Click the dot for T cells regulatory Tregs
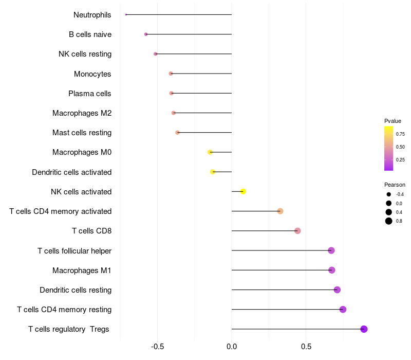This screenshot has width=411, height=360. pyautogui.click(x=364, y=329)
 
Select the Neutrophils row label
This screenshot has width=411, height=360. pyautogui.click(x=92, y=15)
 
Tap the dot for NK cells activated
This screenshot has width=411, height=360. pyautogui.click(x=243, y=192)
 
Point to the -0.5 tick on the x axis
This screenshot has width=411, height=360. pyautogui.click(x=158, y=346)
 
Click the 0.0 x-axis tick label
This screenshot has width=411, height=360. pyautogui.click(x=232, y=346)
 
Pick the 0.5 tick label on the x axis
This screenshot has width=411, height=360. pyautogui.click(x=306, y=346)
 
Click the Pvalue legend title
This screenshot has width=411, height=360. pyautogui.click(x=393, y=121)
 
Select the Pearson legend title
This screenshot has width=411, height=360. pyautogui.click(x=395, y=185)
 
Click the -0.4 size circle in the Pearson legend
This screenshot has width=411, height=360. pyautogui.click(x=389, y=194)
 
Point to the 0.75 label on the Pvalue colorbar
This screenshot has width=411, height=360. pyautogui.click(x=400, y=134)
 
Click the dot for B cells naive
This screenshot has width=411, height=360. pyautogui.click(x=146, y=34)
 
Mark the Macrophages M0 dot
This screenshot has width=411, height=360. pyautogui.click(x=210, y=152)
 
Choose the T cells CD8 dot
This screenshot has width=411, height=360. pyautogui.click(x=297, y=231)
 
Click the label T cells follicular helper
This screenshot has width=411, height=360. pyautogui.click(x=74, y=251)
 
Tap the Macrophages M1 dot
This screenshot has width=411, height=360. pyautogui.click(x=332, y=270)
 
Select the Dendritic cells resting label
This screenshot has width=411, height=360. pyautogui.click(x=76, y=290)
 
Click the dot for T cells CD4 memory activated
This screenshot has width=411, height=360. pyautogui.click(x=280, y=211)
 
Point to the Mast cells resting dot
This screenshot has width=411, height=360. pyautogui.click(x=178, y=133)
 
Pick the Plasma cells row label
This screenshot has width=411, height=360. pyautogui.click(x=90, y=94)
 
